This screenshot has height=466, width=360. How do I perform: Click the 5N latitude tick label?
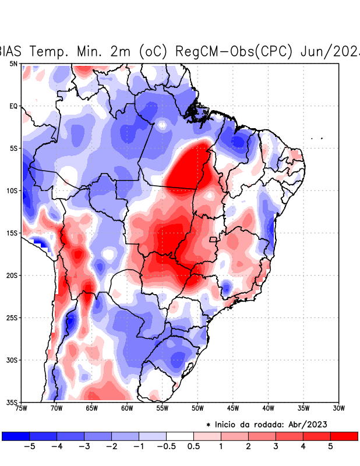tap(13, 63)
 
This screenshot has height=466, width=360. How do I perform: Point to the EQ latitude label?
tap(13, 106)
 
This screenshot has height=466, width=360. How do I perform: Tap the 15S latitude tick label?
tap(12, 233)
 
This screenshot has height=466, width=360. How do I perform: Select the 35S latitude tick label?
tap(12, 402)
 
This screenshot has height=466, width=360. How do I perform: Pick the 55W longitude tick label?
tap(163, 408)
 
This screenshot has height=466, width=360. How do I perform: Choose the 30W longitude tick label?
tap(338, 408)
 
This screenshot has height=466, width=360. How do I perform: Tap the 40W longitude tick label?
tap(268, 408)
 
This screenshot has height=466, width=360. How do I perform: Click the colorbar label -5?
tap(29, 447)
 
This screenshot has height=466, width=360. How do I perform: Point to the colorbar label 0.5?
tap(193, 447)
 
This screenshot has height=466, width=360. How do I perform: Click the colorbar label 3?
tap(276, 447)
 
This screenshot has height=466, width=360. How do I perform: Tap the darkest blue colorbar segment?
tap(16, 436)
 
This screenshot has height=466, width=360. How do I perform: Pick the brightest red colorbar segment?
tap(344, 436)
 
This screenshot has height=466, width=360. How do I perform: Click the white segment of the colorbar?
tap(180, 436)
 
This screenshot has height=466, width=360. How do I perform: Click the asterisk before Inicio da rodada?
tap(208, 424)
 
